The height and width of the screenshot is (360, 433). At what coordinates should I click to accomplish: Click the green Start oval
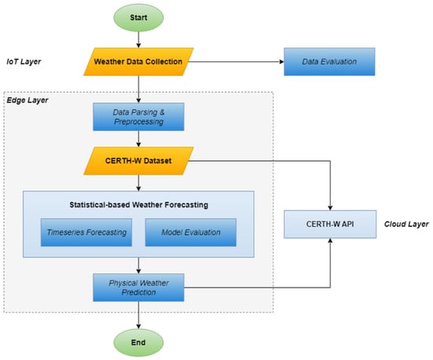coord(139,17)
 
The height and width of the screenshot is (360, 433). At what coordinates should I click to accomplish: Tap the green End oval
coord(139,343)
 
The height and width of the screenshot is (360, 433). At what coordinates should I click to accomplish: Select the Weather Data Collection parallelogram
coord(139,61)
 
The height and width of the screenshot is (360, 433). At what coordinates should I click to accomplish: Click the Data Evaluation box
coord(329,61)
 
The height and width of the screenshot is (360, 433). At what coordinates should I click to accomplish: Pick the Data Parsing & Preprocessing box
coord(139,117)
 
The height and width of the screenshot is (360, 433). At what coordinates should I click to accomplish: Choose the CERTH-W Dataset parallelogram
coord(139,161)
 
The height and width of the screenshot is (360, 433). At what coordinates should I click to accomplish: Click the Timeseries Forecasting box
coord(87,232)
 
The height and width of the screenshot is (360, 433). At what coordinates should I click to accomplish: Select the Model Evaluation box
coord(191,232)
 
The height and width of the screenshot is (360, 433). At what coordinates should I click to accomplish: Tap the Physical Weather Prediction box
coord(139,288)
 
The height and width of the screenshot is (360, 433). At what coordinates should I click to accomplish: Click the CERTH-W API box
coord(330,224)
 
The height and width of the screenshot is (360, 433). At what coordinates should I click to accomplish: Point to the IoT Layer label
coord(24,61)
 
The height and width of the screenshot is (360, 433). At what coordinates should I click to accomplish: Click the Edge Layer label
coord(28,100)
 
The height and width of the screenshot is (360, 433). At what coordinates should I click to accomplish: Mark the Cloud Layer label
coord(406,224)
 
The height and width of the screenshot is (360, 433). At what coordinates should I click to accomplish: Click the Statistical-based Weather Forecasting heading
coord(139,205)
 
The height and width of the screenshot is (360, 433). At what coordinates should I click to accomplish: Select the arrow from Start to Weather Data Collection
coord(139,39)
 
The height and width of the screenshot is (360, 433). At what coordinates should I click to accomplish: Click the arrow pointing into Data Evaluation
coord(236,61)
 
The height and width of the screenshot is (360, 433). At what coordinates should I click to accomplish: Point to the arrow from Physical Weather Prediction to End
coord(139,315)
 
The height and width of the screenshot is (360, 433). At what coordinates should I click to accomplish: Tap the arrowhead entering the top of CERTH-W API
coord(330,208)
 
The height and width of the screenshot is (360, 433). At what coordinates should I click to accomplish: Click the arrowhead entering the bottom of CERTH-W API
coord(330,240)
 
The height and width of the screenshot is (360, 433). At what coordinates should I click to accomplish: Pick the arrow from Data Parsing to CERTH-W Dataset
coord(139,139)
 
